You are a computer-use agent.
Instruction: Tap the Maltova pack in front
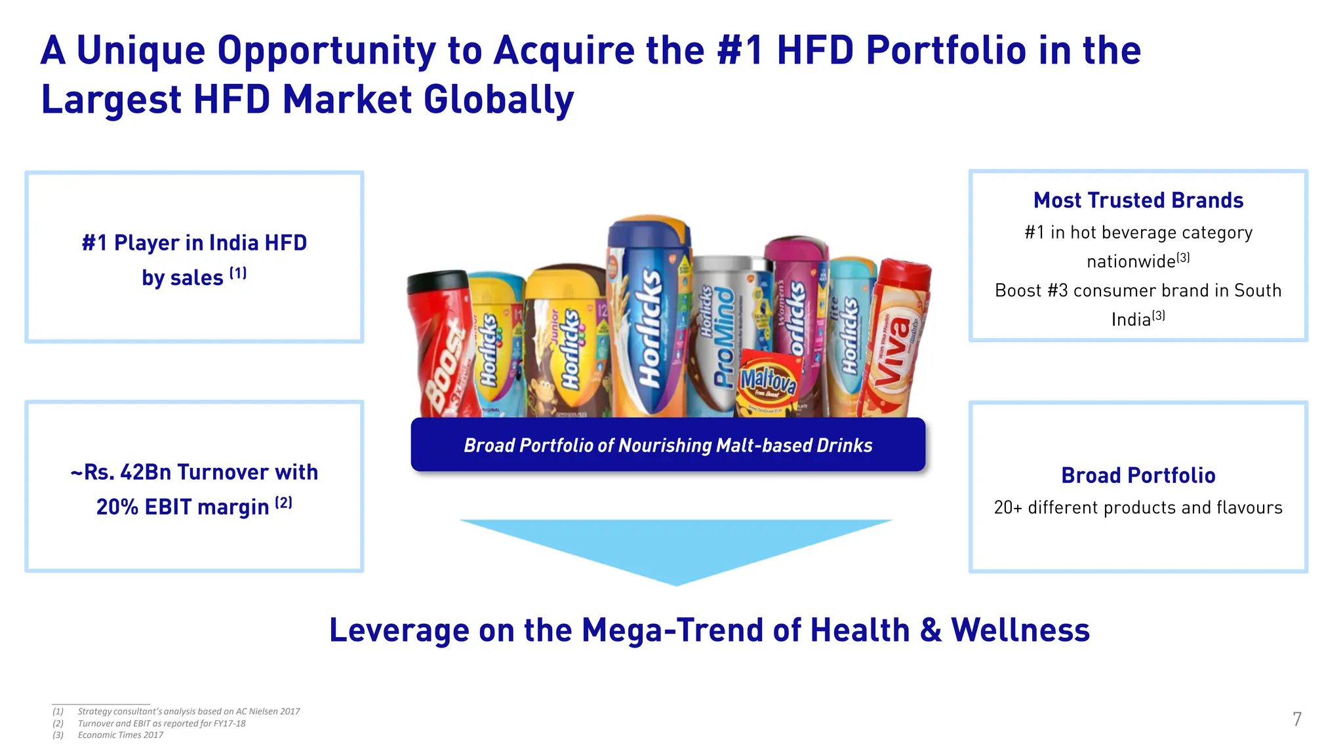click(769, 383)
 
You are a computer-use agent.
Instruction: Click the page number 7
click(1296, 720)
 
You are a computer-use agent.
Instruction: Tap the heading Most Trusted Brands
click(1138, 200)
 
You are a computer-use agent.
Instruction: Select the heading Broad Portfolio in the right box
click(1138, 475)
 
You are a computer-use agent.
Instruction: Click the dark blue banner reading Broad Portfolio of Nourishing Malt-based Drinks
click(668, 445)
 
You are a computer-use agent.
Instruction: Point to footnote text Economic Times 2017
click(121, 735)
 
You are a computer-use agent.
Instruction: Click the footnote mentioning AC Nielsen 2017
click(189, 711)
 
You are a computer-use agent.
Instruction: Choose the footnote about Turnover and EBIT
click(161, 723)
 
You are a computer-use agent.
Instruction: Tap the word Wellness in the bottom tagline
click(1020, 630)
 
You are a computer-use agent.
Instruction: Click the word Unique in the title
click(141, 50)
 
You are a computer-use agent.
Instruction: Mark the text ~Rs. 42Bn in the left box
click(122, 472)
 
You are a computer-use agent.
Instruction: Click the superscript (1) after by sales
click(237, 273)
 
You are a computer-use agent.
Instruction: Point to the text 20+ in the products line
click(1007, 507)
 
